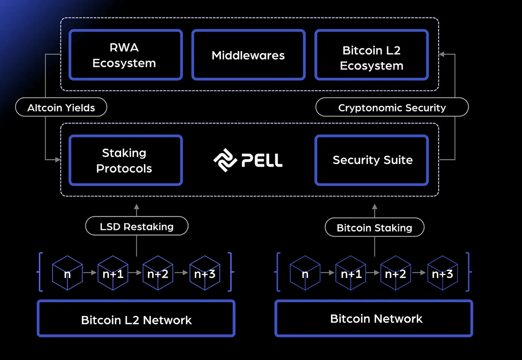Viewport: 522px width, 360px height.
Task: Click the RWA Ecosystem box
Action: (126, 55)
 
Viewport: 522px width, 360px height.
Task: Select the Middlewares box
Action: (248, 55)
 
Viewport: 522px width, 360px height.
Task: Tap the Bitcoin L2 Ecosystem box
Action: (372, 55)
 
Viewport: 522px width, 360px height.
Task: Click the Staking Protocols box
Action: (126, 161)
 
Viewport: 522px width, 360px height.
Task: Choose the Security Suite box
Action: (372, 161)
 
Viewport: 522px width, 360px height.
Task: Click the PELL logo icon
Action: (225, 160)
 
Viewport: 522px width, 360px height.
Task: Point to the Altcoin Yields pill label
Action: (61, 108)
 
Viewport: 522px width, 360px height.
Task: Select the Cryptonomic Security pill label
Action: (392, 108)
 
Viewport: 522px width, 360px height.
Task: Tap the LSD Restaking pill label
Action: (137, 226)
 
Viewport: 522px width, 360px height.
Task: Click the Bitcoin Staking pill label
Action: (374, 227)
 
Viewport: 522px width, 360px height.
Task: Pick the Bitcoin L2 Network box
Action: (136, 319)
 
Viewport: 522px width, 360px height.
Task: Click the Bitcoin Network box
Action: (374, 318)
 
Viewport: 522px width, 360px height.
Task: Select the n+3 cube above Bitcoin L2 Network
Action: (205, 273)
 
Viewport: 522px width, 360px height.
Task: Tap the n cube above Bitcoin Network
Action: (305, 273)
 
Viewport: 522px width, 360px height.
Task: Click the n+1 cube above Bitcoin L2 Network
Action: (113, 273)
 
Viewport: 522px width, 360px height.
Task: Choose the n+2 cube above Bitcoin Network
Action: (396, 273)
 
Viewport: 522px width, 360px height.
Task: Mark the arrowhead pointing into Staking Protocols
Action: (58, 160)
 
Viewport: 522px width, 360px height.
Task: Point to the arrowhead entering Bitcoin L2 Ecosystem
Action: (442, 54)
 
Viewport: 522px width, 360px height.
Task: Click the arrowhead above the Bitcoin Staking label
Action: (374, 207)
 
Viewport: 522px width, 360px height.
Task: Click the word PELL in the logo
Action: (262, 160)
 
